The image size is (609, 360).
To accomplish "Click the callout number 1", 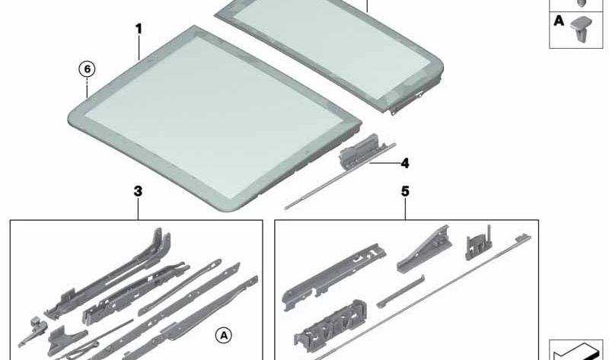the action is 139,29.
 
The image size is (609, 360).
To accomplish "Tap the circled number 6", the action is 87,69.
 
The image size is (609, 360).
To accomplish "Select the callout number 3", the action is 138,191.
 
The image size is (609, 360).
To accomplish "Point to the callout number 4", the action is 405,164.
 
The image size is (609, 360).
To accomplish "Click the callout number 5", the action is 405,191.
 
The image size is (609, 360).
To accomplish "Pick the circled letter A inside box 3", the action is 224,335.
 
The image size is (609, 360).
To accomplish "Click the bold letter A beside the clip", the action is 559,21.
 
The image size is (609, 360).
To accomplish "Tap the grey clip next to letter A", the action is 581,29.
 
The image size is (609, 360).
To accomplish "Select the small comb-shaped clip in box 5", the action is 479,243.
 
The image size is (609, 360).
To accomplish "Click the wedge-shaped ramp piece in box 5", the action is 424,249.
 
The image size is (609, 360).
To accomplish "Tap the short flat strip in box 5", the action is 400,292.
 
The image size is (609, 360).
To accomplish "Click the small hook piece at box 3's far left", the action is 33,331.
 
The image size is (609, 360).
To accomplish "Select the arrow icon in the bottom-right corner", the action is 576,352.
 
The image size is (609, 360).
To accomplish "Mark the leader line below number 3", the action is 138,209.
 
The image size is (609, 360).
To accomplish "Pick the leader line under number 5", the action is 405,209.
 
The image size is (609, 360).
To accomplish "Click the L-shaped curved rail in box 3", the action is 109,272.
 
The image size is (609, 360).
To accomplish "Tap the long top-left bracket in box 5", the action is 334,277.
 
